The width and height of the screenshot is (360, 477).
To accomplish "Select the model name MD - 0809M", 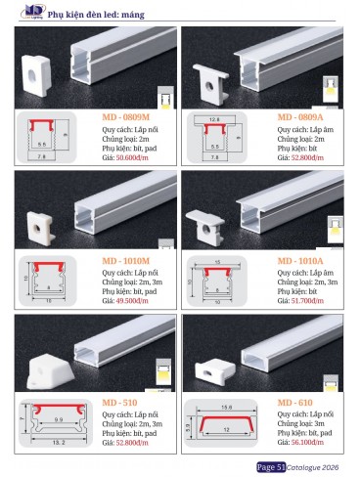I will pos(133,117).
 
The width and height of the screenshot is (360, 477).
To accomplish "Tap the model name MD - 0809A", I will pos(305,117).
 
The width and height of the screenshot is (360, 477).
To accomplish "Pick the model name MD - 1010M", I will pos(133,261).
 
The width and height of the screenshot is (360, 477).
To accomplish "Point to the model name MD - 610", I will pos(298,402).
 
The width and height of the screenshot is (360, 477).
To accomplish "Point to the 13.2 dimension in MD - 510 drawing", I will pos(58,443).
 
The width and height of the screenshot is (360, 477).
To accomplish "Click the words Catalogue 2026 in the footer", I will pos(315,466).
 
